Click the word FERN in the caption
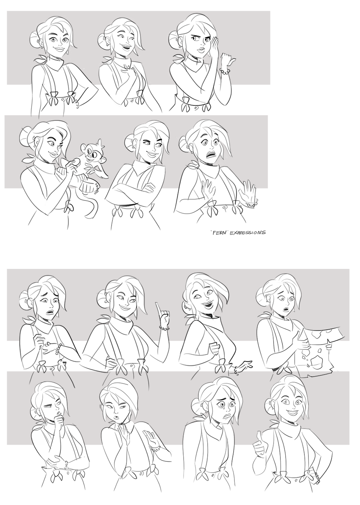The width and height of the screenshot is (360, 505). (x=216, y=232)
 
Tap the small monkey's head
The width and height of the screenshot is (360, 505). (x=90, y=150)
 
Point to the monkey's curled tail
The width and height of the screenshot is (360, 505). (x=92, y=205)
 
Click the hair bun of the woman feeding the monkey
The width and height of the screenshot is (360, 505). (x=27, y=138)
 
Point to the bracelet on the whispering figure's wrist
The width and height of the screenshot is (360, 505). (x=225, y=72)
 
